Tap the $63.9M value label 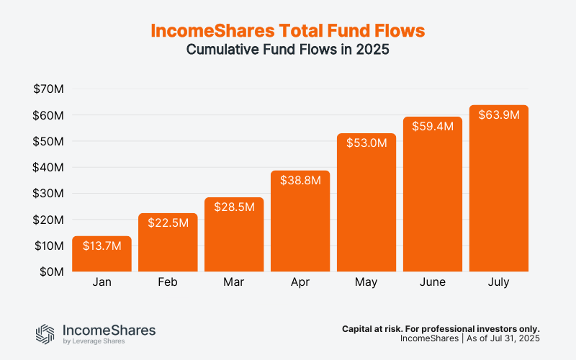tap(498, 115)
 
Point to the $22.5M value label tap(168, 223)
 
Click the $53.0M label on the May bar tap(366, 143)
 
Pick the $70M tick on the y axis tap(49, 89)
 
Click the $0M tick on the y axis tap(52, 271)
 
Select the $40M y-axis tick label tap(49, 167)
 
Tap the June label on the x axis tap(432, 282)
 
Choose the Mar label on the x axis tap(234, 282)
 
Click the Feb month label tap(168, 282)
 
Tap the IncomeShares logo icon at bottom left tap(45, 333)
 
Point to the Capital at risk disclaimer tap(441, 328)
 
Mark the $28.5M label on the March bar tap(234, 207)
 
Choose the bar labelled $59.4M tap(432, 194)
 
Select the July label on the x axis tap(498, 282)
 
